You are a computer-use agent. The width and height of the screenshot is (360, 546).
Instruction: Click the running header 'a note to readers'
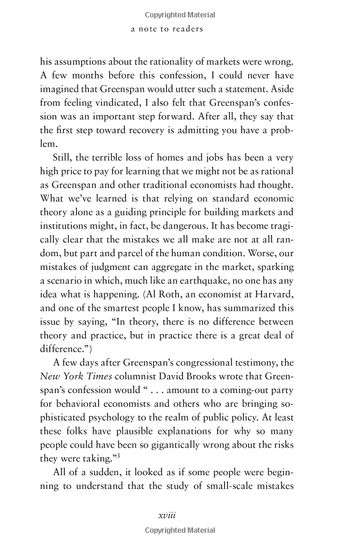167,28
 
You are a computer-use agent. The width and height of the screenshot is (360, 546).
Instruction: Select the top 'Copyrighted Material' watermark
179,14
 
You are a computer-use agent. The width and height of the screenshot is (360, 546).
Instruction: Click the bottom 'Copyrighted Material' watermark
179,530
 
